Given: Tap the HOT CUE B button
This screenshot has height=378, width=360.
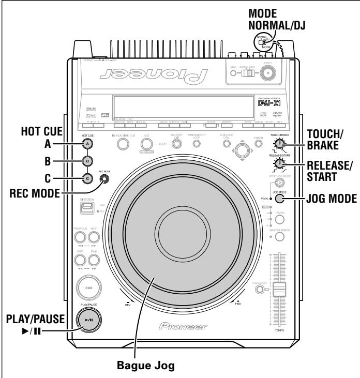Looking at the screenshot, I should click(88, 160).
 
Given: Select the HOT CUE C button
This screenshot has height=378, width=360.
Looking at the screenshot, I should click(88, 179).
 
